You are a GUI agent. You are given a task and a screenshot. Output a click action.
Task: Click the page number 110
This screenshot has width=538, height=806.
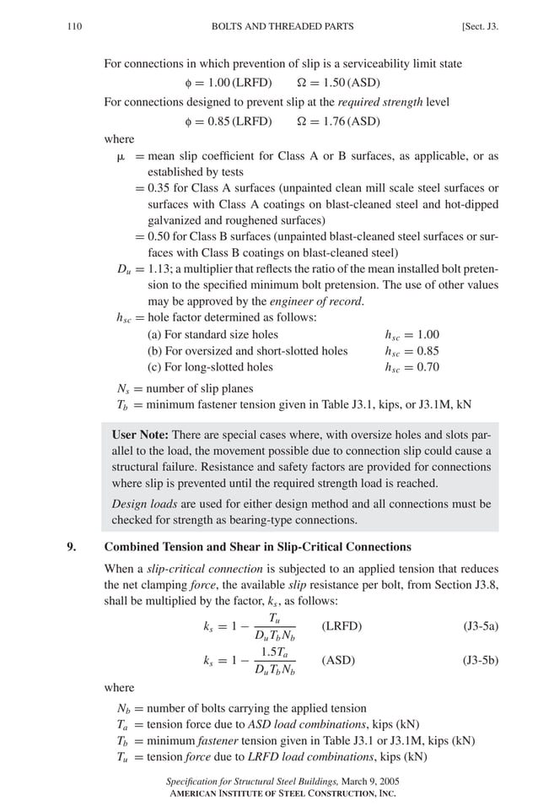click(x=73, y=26)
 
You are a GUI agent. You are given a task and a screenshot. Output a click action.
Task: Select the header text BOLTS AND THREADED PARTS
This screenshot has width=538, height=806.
click(x=282, y=26)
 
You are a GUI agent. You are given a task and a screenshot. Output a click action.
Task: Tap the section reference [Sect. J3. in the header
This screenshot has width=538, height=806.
click(x=480, y=26)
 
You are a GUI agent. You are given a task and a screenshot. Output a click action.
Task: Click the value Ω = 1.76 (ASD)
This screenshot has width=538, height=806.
click(x=338, y=121)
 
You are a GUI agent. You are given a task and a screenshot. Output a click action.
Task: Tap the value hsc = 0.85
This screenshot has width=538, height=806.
click(x=412, y=351)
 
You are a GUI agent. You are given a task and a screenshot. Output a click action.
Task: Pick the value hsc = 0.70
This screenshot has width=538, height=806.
click(x=412, y=367)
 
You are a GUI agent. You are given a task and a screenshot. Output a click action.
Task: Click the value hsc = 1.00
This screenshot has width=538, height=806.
click(x=412, y=335)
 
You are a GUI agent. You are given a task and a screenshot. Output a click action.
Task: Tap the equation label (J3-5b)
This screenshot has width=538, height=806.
click(x=481, y=661)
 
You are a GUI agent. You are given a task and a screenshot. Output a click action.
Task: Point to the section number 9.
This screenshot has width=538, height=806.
click(x=71, y=547)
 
